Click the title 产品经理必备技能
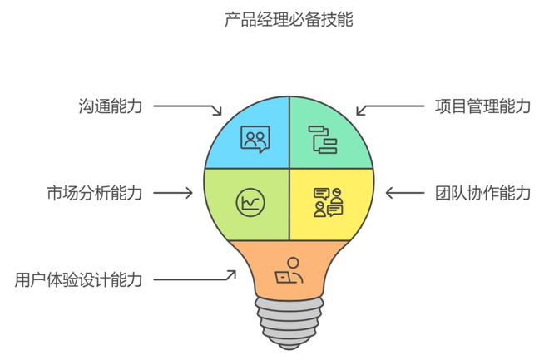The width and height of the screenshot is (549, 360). (x=289, y=20)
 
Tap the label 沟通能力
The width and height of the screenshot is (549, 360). (x=111, y=106)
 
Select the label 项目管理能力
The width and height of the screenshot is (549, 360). (x=482, y=106)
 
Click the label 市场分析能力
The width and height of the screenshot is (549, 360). (x=95, y=193)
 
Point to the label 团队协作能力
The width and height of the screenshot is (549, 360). (x=482, y=193)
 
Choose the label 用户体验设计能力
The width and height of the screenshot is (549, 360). (x=78, y=279)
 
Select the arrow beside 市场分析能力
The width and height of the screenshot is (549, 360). (x=173, y=193)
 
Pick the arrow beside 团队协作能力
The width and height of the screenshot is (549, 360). (x=405, y=193)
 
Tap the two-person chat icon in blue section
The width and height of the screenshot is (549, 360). (x=255, y=139)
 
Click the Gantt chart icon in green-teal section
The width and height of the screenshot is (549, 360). (x=323, y=140)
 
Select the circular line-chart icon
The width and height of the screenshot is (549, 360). (x=250, y=203)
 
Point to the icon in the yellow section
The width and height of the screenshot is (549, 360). (x=328, y=203)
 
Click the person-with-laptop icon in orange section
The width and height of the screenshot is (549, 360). (x=289, y=270)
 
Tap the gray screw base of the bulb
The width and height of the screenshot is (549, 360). (x=289, y=323)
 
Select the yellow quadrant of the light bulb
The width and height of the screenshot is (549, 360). (x=331, y=205)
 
